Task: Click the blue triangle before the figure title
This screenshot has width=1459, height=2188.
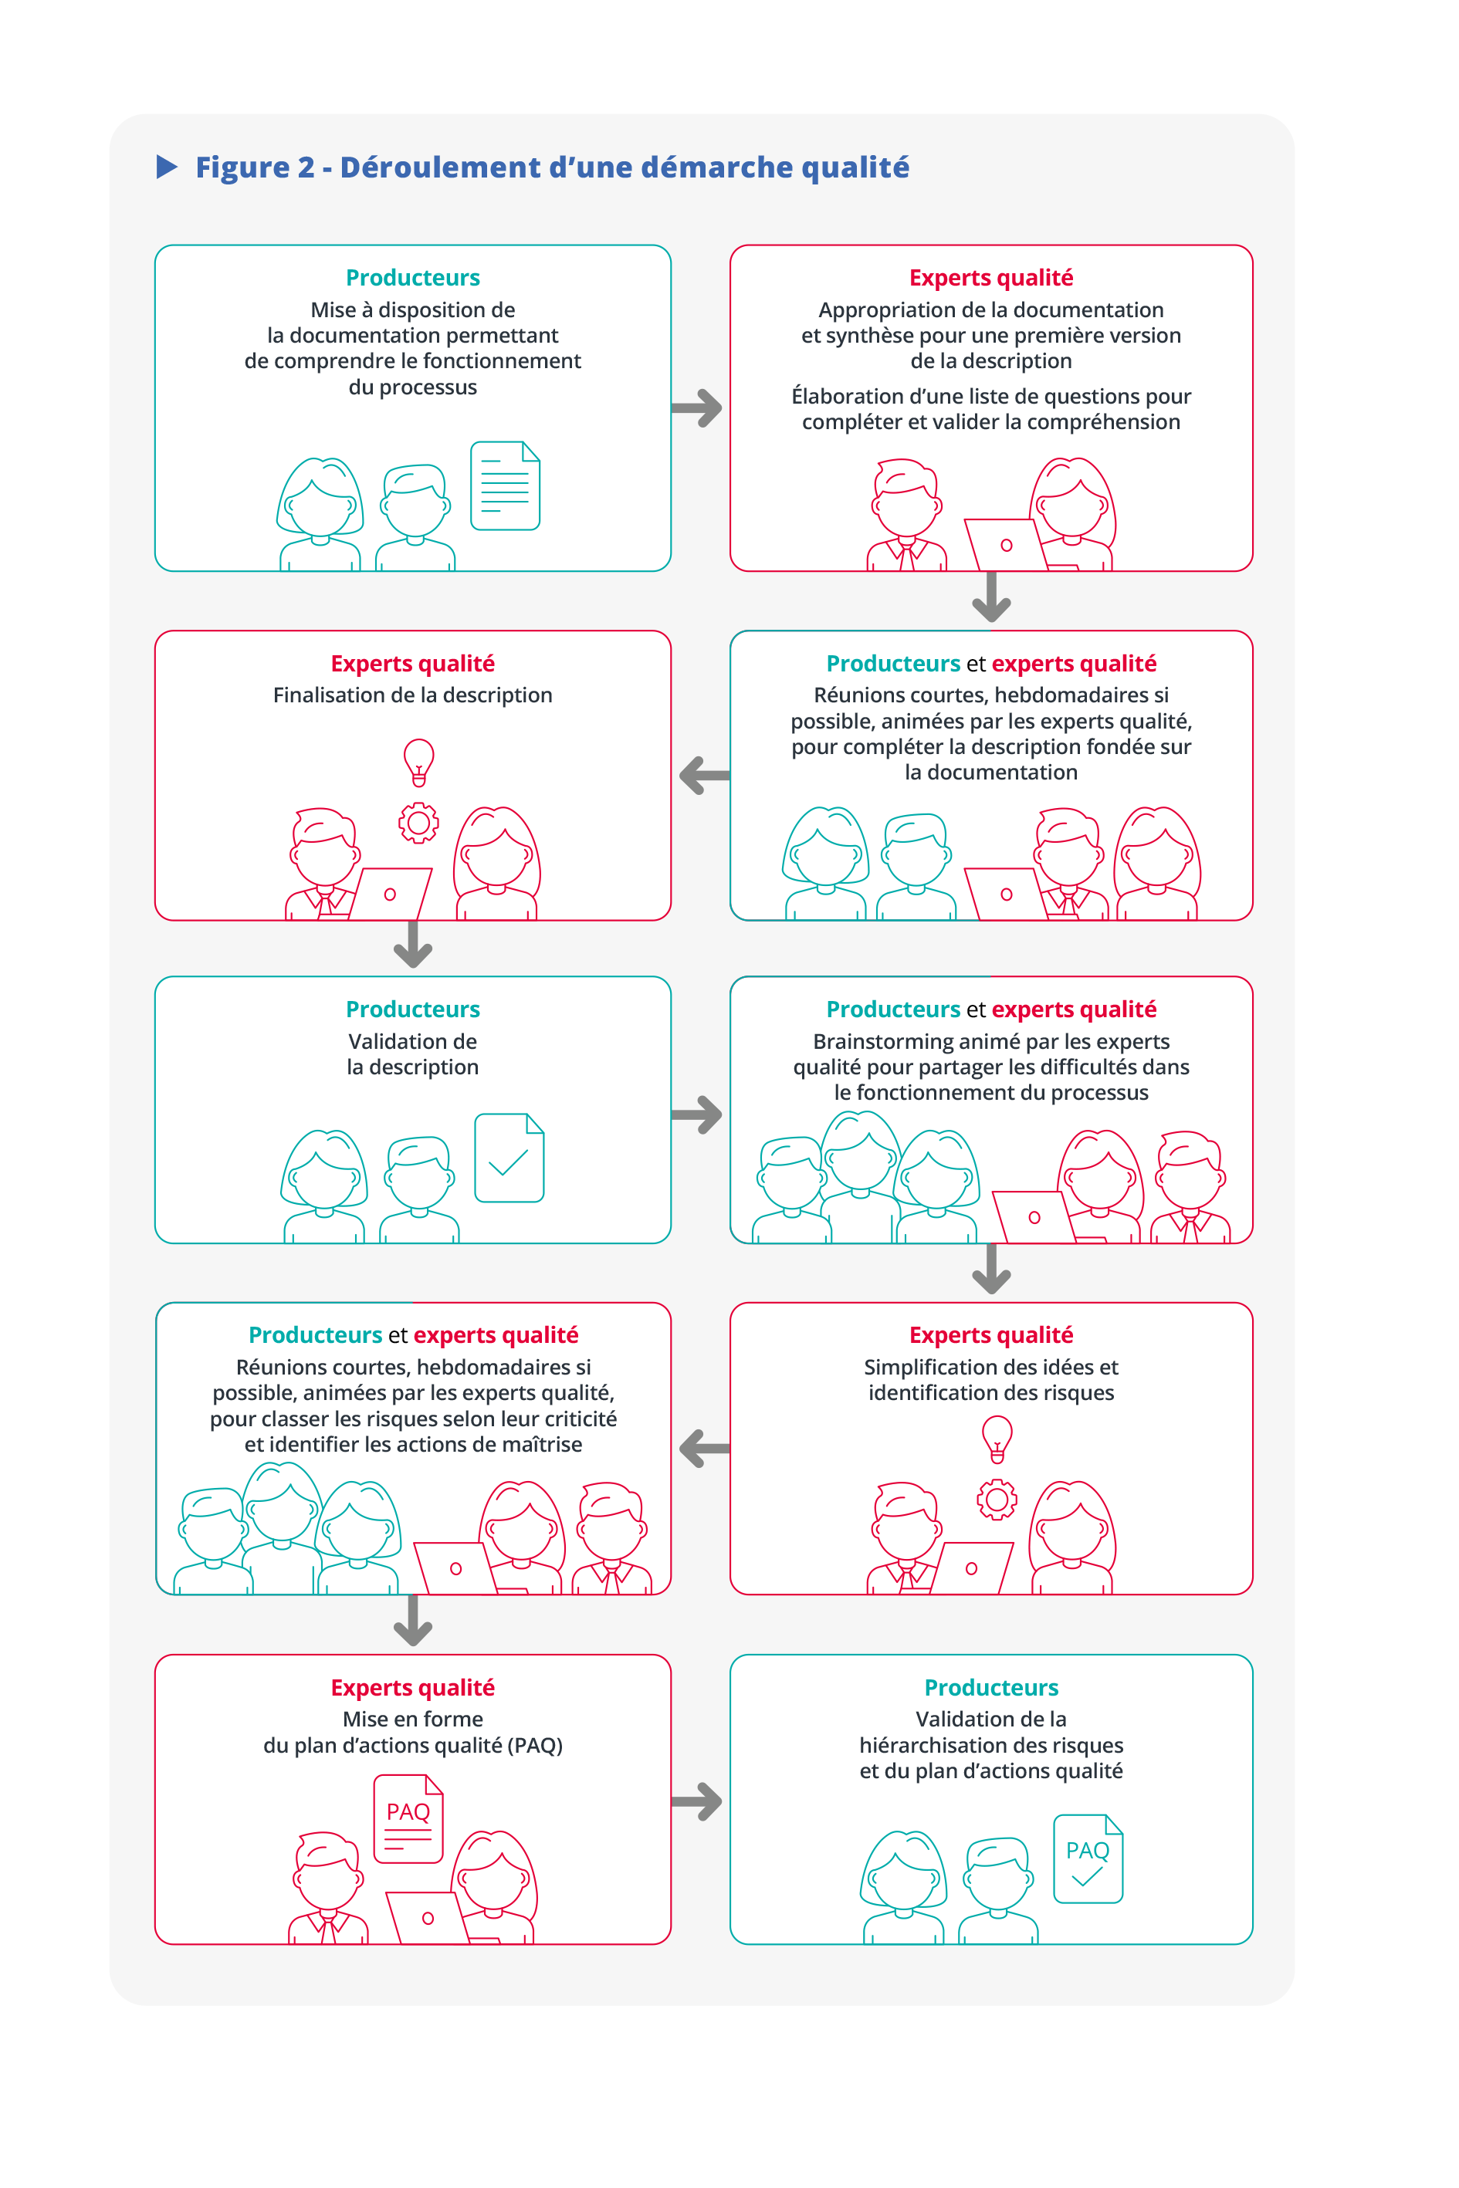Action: tap(167, 167)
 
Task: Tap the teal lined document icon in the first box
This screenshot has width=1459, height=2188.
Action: tap(506, 485)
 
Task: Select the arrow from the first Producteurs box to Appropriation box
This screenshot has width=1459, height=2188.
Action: tap(698, 408)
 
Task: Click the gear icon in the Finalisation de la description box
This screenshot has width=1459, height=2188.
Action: tap(418, 823)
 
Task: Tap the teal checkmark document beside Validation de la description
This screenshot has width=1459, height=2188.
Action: tap(509, 1158)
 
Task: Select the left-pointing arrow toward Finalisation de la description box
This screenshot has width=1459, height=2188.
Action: tap(703, 775)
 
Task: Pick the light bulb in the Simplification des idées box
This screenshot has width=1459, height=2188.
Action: tap(997, 1438)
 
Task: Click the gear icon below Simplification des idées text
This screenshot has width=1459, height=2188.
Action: tap(997, 1499)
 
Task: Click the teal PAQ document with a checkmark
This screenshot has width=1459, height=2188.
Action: tap(1088, 1858)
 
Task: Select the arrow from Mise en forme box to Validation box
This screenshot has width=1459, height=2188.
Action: tap(698, 1802)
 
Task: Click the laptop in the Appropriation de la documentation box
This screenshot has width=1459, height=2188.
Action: tap(1005, 544)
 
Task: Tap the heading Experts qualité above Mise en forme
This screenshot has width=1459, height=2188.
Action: tap(413, 1688)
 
